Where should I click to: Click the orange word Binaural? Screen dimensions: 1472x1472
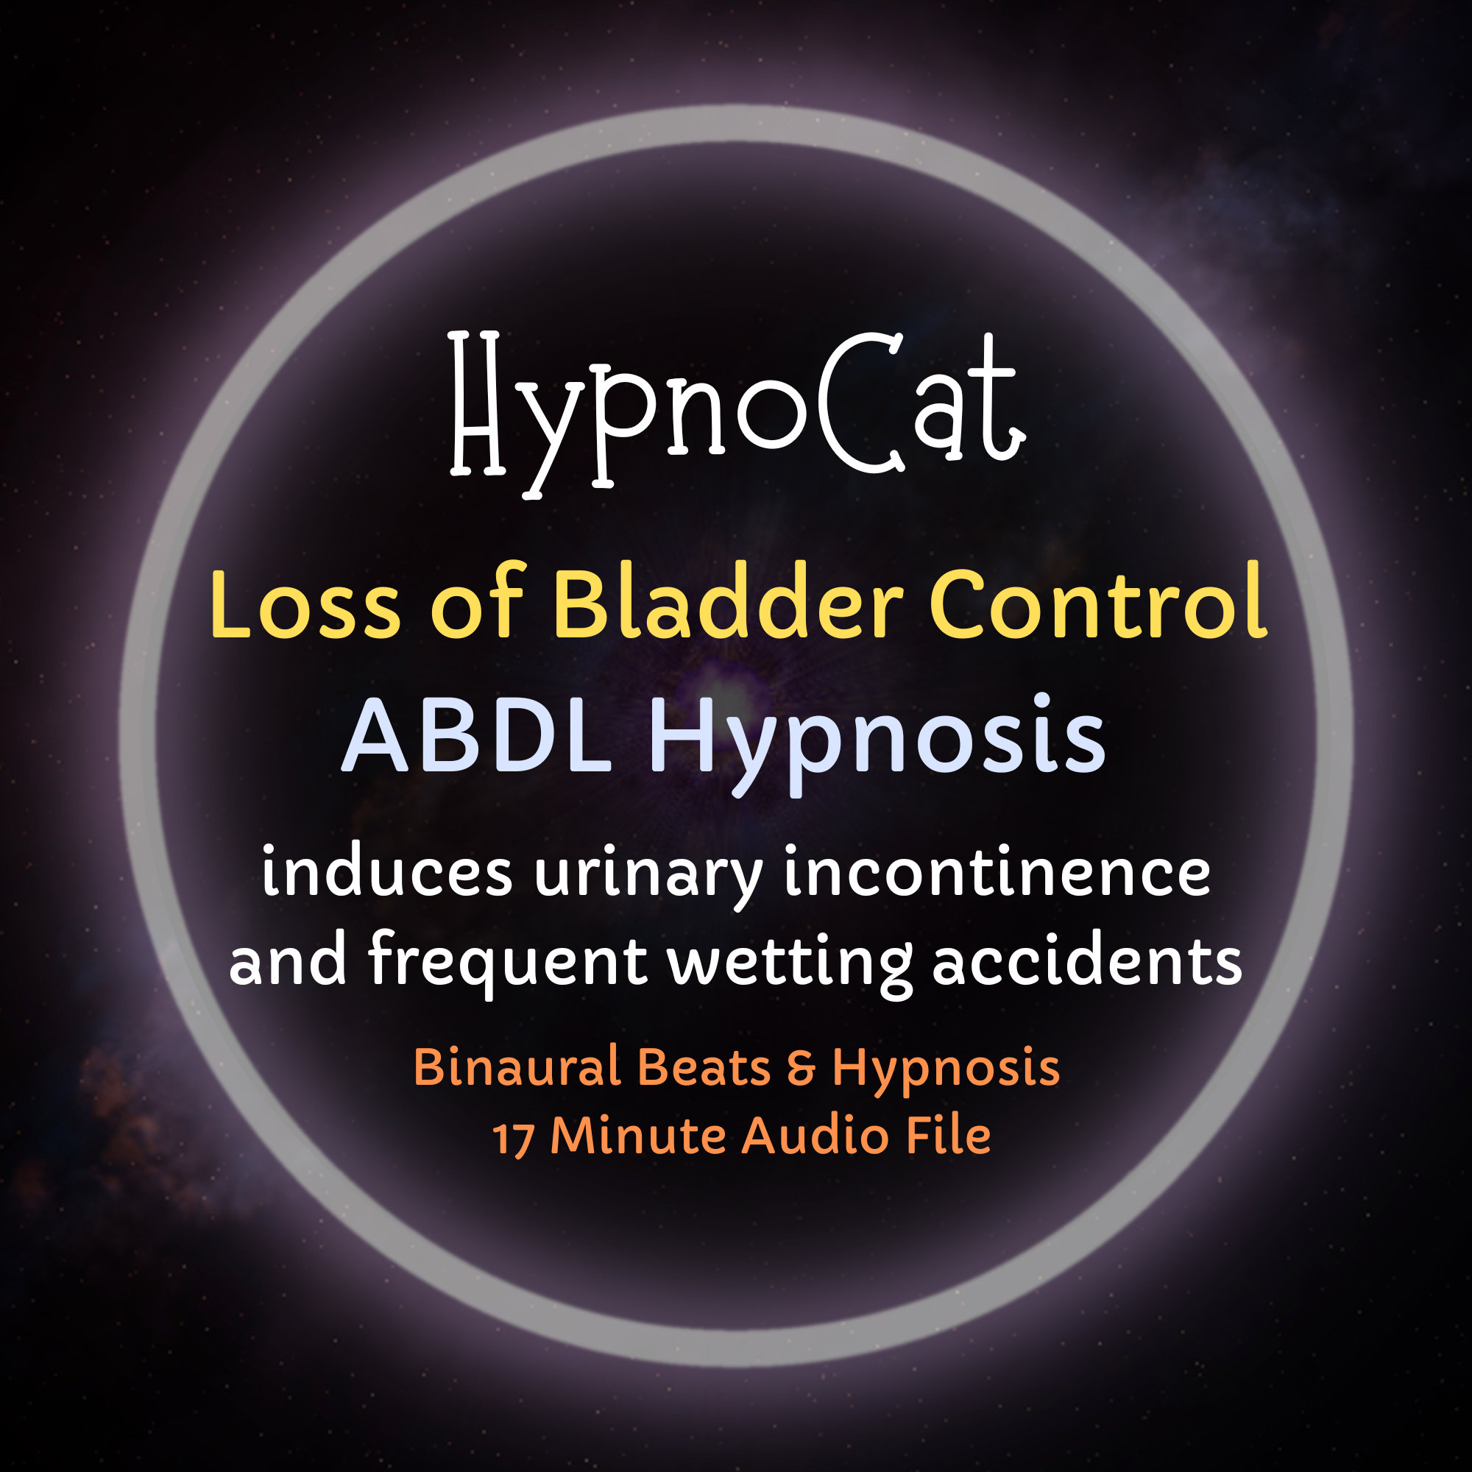click(x=517, y=1067)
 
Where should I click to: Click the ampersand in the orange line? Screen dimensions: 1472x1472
click(x=801, y=1068)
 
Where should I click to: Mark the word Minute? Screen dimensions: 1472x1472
click(x=637, y=1136)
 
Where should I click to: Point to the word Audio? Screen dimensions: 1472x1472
click(x=815, y=1136)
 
